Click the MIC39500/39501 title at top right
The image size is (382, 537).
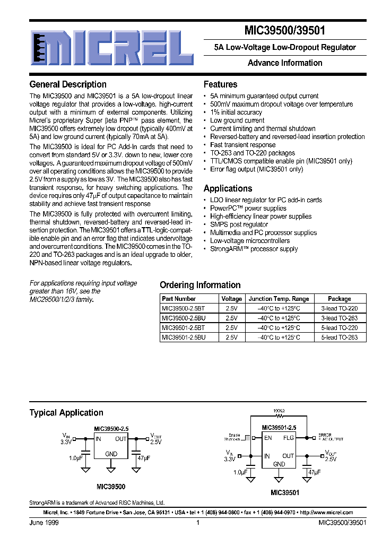(x=285, y=31)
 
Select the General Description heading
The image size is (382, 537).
(x=68, y=84)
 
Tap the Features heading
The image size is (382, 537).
(x=221, y=84)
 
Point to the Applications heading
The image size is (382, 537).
(x=228, y=188)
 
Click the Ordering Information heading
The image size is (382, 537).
(x=200, y=285)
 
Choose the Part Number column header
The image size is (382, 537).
(x=179, y=299)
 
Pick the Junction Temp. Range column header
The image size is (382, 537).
(x=279, y=299)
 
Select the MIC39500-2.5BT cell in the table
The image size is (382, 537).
(x=183, y=308)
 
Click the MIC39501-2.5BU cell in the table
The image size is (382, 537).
(x=183, y=337)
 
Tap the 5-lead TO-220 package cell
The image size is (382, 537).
(x=340, y=327)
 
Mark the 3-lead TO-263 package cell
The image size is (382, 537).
(x=340, y=318)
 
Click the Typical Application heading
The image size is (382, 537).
(x=66, y=413)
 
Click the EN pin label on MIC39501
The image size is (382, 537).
(x=268, y=438)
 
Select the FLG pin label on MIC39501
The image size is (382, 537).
(x=289, y=438)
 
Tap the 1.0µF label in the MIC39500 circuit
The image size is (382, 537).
(x=75, y=457)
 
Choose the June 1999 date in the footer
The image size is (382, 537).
(x=44, y=523)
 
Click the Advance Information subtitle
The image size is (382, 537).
(x=285, y=63)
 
